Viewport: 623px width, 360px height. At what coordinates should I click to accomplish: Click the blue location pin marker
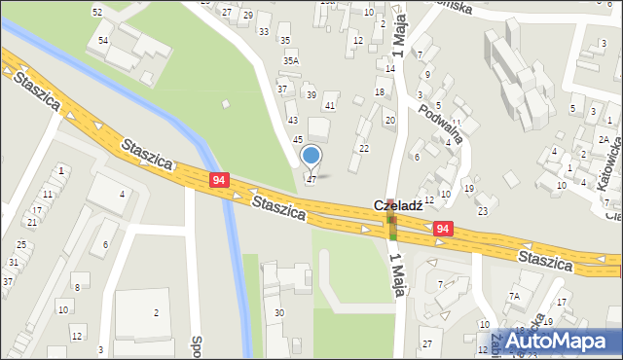(311, 156)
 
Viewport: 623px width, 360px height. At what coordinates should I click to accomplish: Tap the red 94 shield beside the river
(220, 180)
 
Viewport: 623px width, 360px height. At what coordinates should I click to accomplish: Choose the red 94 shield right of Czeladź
(443, 229)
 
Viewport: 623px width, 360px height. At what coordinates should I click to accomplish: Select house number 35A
(290, 60)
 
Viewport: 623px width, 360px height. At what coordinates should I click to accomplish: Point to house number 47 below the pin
(311, 180)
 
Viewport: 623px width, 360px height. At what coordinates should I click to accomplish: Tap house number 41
(330, 105)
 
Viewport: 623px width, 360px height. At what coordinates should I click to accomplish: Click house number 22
(364, 148)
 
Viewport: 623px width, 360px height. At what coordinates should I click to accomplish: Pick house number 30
(279, 312)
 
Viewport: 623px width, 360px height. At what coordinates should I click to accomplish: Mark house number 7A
(514, 295)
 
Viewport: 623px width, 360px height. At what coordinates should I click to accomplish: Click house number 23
(482, 211)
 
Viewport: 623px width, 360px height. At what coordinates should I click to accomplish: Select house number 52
(97, 12)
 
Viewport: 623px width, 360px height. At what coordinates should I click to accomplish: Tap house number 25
(21, 244)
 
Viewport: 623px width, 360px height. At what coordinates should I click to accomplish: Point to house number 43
(292, 120)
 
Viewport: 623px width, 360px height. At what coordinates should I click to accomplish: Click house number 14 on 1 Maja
(390, 69)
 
